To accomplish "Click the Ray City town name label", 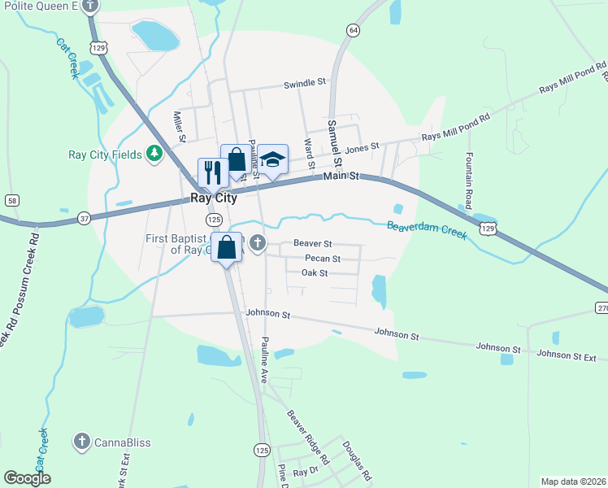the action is (214, 198).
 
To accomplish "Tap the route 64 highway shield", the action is (352, 30).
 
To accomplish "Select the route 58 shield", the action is (11, 200).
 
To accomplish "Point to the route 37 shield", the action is (85, 217).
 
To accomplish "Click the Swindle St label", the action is (304, 83).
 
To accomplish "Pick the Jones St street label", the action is (362, 148).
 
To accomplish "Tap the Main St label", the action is (341, 176).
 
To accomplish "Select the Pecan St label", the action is (322, 259).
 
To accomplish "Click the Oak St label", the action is (314, 273).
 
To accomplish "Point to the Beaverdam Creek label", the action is (427, 230).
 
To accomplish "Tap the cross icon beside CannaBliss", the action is (81, 442).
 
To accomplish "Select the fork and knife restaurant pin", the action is (212, 172).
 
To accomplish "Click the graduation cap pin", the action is (273, 159).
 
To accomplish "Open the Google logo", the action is (27, 478).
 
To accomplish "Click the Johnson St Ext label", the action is (567, 355).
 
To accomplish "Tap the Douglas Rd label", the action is (357, 460).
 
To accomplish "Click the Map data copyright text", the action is (572, 481).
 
